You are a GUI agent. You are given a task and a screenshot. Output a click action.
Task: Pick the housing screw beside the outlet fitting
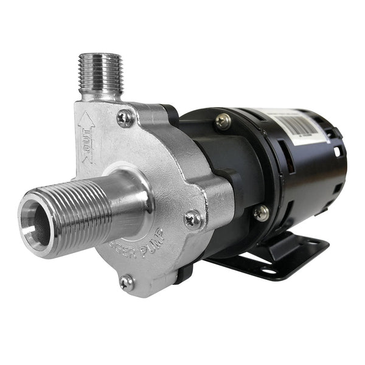tap(126, 117)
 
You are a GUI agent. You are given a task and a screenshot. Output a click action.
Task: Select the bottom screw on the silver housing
tap(127, 282)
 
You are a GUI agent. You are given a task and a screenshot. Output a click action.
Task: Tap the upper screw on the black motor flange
tap(223, 120)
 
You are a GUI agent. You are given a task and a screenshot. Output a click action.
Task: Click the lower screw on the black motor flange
tap(262, 212)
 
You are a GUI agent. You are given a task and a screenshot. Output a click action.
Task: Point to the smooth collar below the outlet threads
tap(100, 94)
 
